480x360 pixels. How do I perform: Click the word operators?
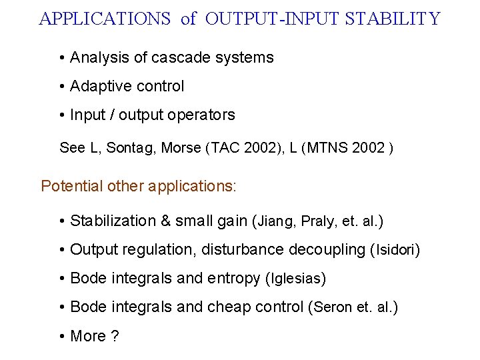(203, 115)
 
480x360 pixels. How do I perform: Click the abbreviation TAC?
(224, 148)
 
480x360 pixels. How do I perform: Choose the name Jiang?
(277, 221)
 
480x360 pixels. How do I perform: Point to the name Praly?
(320, 221)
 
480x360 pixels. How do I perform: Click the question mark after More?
(115, 336)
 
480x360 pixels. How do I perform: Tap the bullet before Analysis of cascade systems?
(61, 58)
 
